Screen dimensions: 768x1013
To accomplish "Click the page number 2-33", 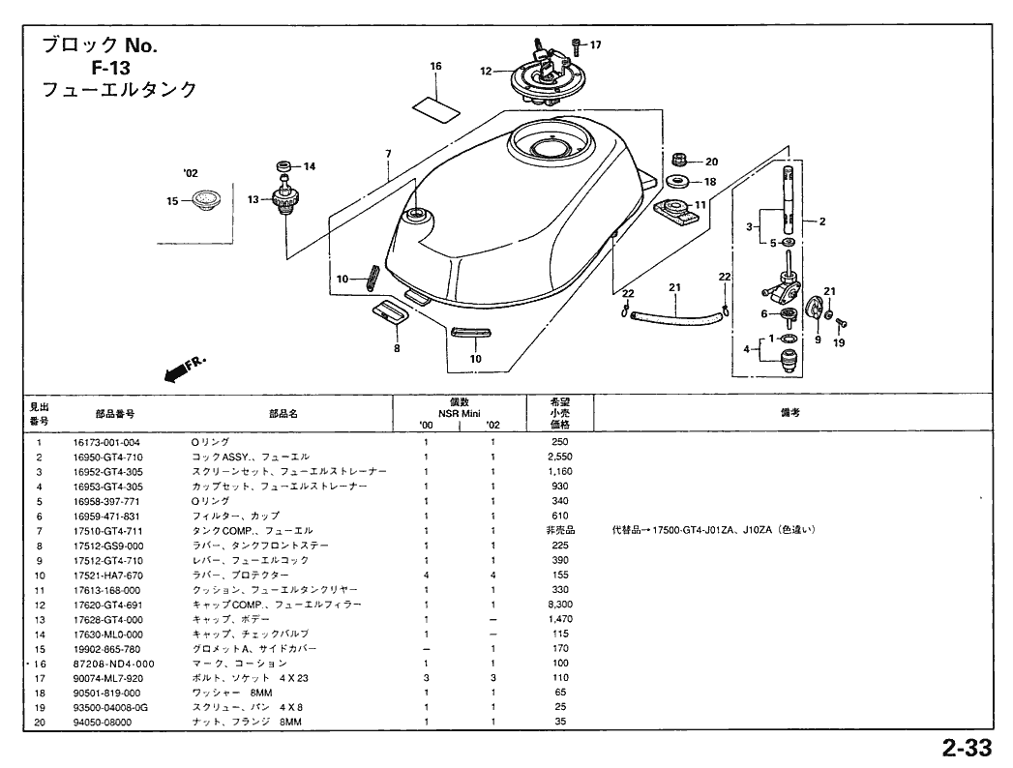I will (965, 748).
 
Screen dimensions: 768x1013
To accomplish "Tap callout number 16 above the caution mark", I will (435, 66).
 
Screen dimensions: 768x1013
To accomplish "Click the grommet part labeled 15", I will (205, 200).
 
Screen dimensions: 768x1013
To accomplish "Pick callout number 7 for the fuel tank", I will (388, 154).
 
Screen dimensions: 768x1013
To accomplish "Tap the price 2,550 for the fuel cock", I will (560, 457).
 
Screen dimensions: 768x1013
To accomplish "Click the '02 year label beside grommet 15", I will (190, 173).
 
